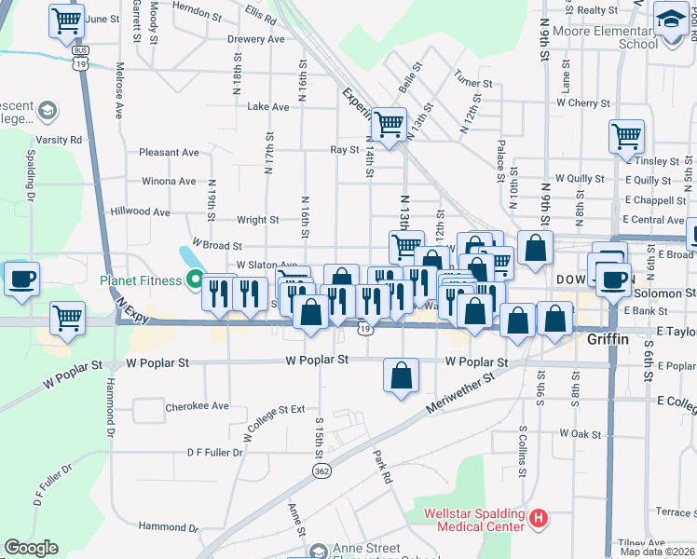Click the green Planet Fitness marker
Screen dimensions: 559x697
tap(195, 279)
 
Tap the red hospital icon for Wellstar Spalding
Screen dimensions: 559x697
tap(537, 517)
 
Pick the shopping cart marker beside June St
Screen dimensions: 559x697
tap(66, 20)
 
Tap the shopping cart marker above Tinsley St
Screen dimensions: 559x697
tap(626, 136)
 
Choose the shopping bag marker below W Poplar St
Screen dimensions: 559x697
tap(401, 375)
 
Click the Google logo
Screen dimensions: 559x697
tap(31, 548)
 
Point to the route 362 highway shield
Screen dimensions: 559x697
tap(321, 472)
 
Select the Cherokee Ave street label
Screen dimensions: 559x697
tap(197, 406)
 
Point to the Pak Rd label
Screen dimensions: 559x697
tap(383, 467)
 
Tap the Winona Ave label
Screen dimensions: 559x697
tap(169, 181)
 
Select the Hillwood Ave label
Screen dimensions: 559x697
tap(140, 212)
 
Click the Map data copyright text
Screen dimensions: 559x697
tap(658, 552)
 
